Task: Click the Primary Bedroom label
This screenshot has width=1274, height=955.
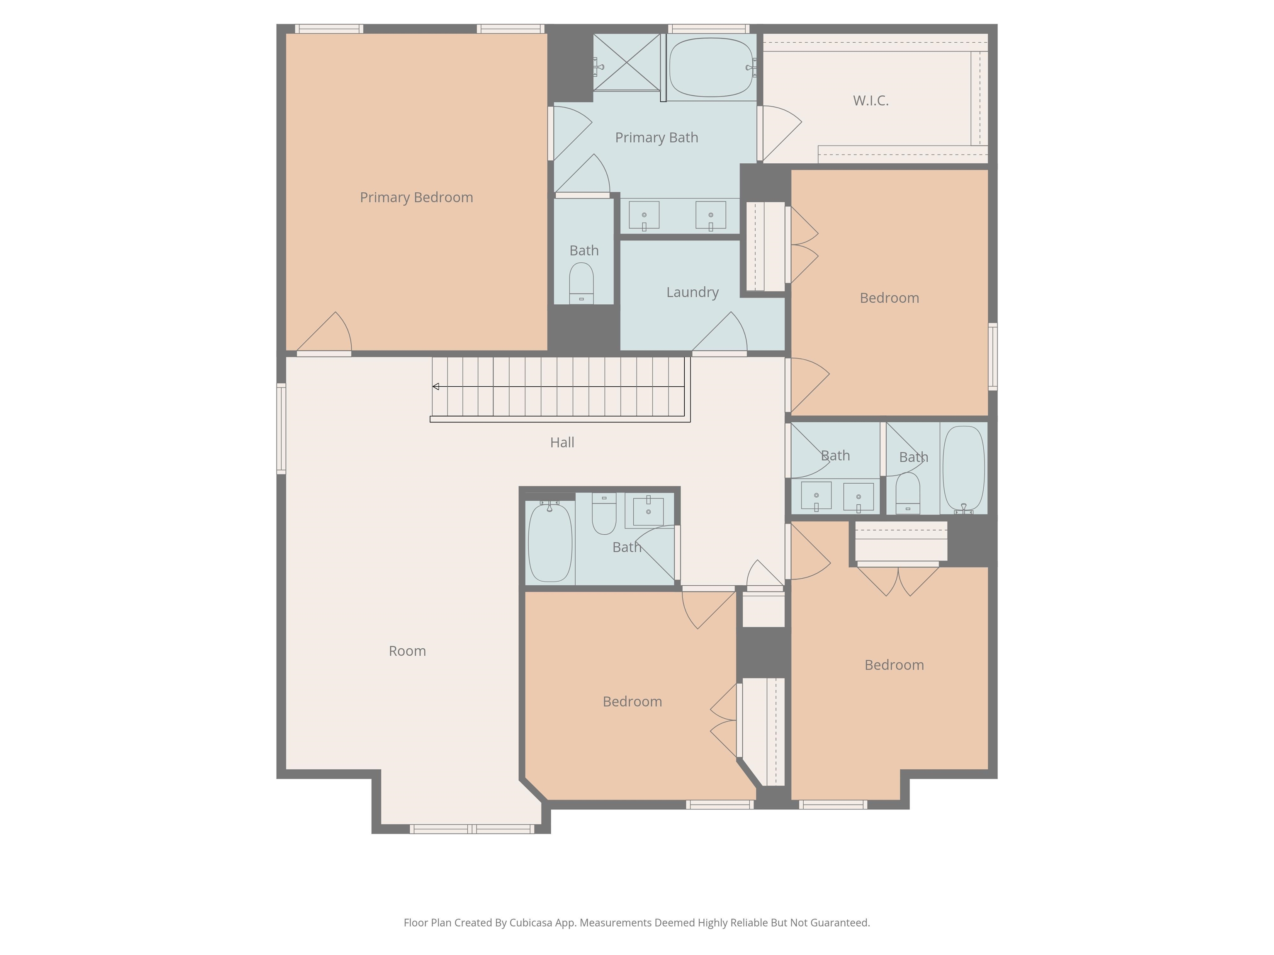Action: click(x=416, y=197)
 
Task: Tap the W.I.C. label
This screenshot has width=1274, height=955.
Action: click(x=871, y=101)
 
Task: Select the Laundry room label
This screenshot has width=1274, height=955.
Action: click(x=692, y=293)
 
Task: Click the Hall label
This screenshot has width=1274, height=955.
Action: click(x=562, y=442)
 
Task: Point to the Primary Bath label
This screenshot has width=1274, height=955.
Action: click(x=656, y=138)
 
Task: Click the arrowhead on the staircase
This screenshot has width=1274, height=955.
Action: click(x=436, y=387)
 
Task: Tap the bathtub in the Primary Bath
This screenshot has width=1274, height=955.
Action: click(x=711, y=67)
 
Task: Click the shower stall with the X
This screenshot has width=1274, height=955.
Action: click(x=627, y=62)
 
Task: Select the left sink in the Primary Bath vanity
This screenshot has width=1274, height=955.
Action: click(x=644, y=215)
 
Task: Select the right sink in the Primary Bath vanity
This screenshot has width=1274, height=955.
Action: click(x=711, y=215)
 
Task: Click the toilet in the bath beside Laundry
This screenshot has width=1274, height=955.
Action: click(x=581, y=283)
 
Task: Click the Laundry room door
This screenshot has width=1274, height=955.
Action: click(x=720, y=333)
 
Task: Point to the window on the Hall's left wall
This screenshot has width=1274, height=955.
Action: click(x=282, y=429)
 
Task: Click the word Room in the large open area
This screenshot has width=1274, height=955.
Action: click(x=407, y=651)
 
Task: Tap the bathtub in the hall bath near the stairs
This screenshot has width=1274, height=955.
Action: click(x=550, y=541)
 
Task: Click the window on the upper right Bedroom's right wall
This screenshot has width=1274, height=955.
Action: click(x=993, y=357)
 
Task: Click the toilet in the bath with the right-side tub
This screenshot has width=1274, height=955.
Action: click(x=908, y=493)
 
